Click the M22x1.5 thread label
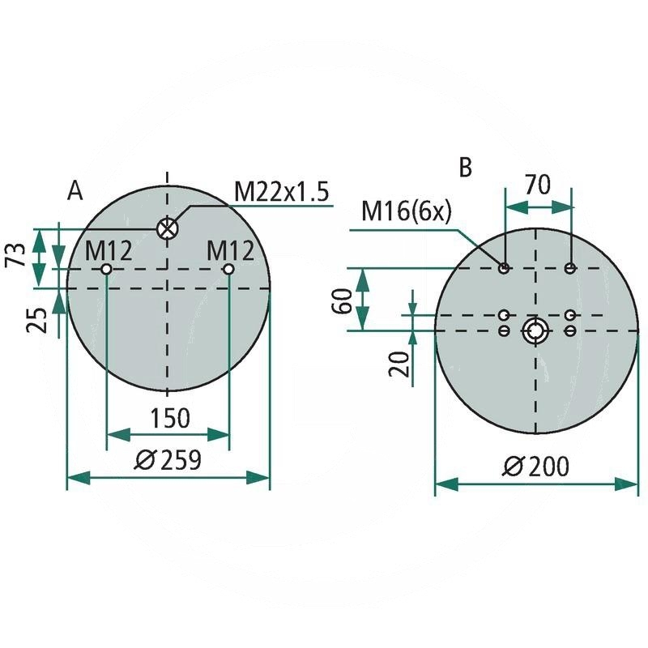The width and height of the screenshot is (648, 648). (281, 192)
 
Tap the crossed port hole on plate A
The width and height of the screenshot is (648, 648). (167, 228)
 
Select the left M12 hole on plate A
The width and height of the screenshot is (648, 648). (106, 269)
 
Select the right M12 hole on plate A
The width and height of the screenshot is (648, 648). (229, 269)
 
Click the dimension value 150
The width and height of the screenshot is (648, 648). (170, 418)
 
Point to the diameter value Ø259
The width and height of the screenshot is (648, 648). (168, 460)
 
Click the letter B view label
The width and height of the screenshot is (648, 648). (465, 167)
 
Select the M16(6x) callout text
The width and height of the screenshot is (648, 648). (406, 211)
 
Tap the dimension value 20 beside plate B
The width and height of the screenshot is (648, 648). (398, 362)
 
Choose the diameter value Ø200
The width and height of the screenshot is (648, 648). (535, 467)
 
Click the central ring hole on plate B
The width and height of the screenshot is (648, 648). (535, 330)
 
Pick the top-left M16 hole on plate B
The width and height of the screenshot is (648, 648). (505, 268)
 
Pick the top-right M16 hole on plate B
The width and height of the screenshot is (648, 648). (571, 268)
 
